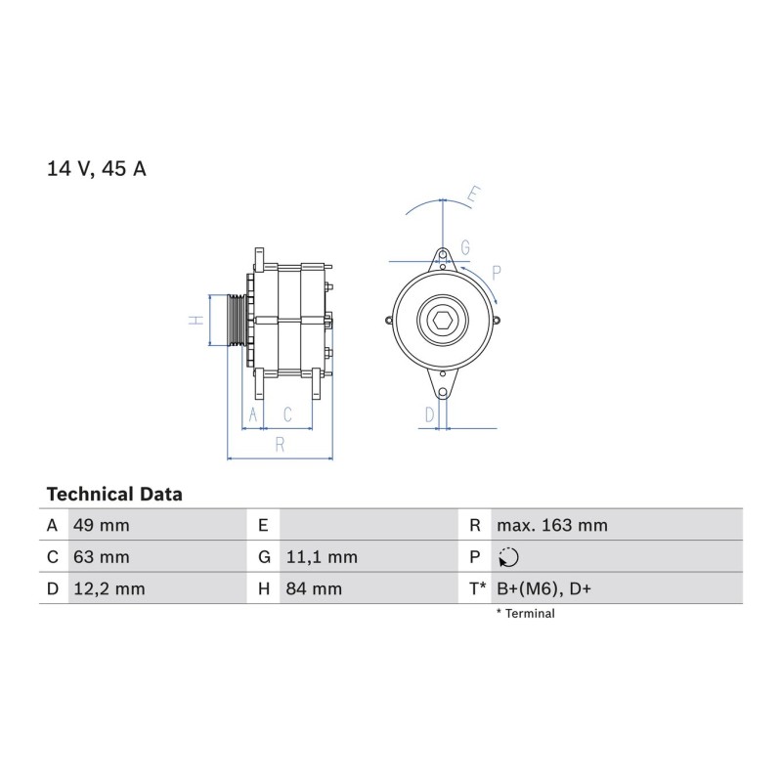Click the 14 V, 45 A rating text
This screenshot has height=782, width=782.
pos(96,168)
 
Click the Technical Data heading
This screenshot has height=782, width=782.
pos(114,495)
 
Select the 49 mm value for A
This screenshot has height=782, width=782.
pos(102,525)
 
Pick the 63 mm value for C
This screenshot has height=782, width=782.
pos(102,557)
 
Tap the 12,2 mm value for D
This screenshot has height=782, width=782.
pos(109,589)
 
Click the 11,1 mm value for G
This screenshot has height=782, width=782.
pos(322,557)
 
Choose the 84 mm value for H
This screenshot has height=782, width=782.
pos(314,589)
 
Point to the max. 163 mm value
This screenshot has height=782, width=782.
pos(552,525)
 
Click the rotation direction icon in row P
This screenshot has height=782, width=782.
pos(508,557)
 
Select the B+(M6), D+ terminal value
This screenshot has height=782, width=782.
pos(543,589)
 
